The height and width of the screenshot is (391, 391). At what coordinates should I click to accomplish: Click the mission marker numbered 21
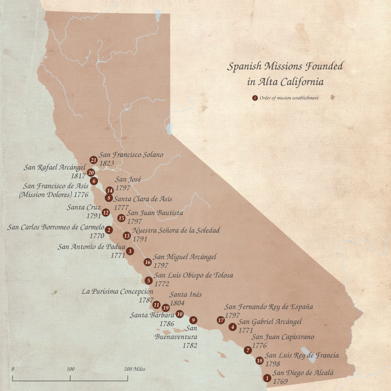tap(93, 160)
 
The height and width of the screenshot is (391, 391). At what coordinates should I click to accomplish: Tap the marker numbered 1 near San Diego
tap(267, 378)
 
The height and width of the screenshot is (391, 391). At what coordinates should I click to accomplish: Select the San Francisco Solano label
tap(131, 154)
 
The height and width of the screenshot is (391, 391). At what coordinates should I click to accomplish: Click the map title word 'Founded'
tap(318, 66)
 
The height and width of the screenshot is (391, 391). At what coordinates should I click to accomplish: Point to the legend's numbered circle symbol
tap(255, 98)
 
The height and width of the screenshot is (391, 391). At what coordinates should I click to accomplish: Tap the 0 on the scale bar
tap(13, 369)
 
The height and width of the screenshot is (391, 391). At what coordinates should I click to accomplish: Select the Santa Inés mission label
tap(186, 295)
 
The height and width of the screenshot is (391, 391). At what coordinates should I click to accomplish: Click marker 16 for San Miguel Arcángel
tap(148, 262)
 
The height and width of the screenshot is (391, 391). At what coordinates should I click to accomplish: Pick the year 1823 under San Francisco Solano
tap(107, 162)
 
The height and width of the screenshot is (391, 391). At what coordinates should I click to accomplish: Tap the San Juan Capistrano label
tap(282, 337)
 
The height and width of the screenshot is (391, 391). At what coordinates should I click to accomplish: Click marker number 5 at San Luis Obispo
tap(148, 281)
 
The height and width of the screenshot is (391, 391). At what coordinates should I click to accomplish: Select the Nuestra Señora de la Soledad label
tap(176, 230)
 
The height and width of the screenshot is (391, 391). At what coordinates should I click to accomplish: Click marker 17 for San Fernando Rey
tap(221, 320)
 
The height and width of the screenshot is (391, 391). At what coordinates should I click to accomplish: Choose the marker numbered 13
tap(127, 236)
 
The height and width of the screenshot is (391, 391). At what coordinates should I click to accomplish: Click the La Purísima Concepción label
tap(118, 292)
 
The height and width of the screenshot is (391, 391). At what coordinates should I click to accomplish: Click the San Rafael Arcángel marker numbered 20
tap(90, 173)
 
